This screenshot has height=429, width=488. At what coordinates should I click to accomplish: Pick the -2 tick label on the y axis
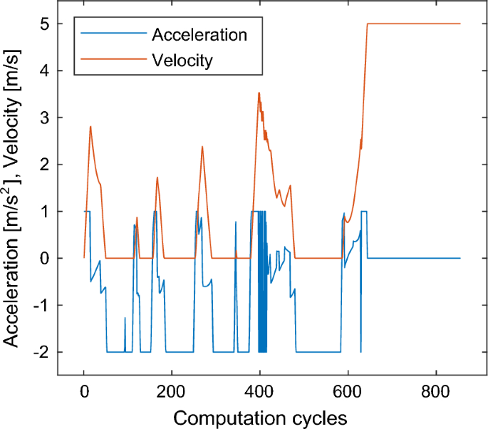41,352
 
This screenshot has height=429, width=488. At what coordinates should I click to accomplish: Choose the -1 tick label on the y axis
41,305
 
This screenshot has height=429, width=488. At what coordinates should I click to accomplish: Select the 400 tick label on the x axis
259,391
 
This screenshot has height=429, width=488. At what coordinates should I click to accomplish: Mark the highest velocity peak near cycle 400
259,93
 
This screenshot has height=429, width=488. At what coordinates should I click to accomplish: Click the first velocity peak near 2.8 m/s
90,126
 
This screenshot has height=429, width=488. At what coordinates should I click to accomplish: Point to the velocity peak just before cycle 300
202,147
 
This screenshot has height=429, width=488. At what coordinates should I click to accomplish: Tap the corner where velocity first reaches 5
368,24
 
